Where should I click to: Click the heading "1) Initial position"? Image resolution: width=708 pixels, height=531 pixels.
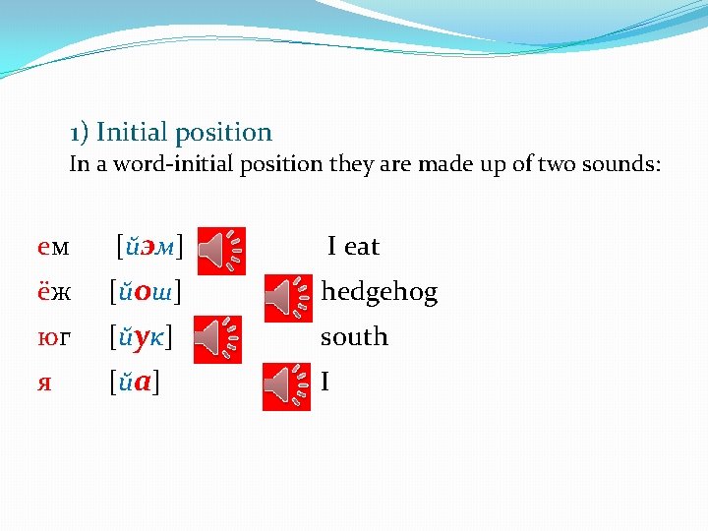[171, 132]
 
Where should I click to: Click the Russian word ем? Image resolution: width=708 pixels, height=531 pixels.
[53, 247]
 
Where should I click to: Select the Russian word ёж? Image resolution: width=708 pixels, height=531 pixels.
[53, 292]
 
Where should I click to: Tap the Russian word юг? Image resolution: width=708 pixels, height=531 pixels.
[53, 337]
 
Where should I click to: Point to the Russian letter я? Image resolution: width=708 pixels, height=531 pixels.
[44, 382]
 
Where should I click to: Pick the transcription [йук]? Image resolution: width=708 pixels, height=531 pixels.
[142, 337]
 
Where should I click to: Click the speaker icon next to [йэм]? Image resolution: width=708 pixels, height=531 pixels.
[221, 250]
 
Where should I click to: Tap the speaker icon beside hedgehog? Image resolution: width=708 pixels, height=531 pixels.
[286, 294]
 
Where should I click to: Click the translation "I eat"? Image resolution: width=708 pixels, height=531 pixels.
[353, 247]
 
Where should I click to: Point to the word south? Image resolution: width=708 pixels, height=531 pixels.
[354, 337]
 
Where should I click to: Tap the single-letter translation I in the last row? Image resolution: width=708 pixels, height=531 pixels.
[324, 382]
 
